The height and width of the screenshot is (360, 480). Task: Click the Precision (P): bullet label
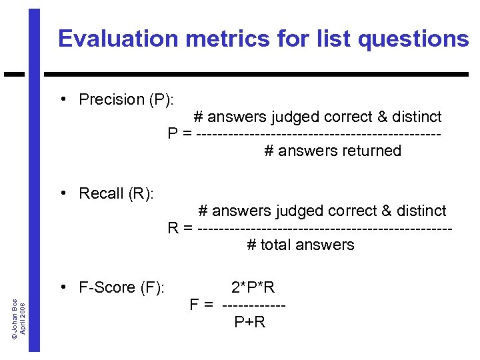tap(126, 100)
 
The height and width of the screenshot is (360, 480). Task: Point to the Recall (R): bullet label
tap(116, 194)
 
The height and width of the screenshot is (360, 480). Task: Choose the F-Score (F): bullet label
tap(121, 288)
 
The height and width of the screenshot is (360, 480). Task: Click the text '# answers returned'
tap(333, 151)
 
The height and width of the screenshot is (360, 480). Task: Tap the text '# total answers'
tap(301, 245)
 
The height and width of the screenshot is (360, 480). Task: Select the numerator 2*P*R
tap(253, 288)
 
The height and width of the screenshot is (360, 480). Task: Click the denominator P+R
tap(250, 323)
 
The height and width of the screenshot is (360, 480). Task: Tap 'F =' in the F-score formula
tap(201, 305)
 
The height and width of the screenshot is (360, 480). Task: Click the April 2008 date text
tap(23, 319)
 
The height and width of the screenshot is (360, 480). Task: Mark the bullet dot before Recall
tap(62, 193)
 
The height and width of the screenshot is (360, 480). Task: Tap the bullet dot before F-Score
tap(62, 287)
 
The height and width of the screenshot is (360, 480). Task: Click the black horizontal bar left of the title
tap(14, 73)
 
